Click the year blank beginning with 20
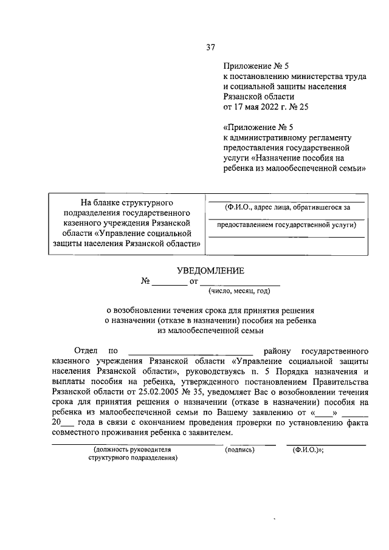[63, 422]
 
